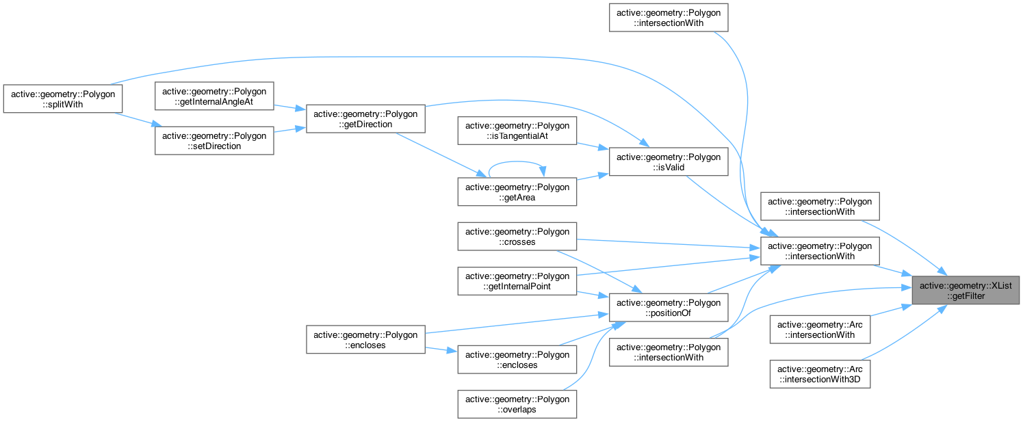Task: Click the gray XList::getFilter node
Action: click(x=966, y=291)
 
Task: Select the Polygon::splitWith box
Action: click(x=63, y=98)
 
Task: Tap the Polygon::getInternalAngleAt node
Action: click(x=214, y=96)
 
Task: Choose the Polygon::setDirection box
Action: click(x=214, y=140)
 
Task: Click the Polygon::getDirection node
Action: click(x=366, y=119)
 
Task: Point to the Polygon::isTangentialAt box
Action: click(x=518, y=132)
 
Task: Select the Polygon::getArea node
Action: click(x=518, y=192)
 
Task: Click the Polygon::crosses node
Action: click(x=518, y=236)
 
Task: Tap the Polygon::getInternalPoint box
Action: click(x=518, y=280)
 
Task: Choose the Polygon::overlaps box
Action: click(x=518, y=404)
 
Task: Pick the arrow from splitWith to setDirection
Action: click(x=138, y=120)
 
